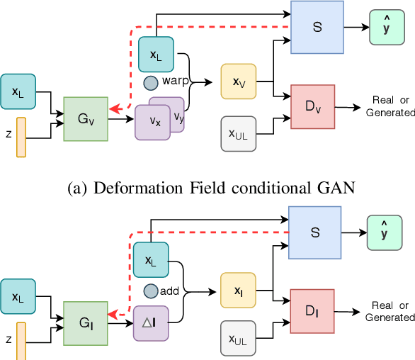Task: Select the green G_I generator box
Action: [85, 323]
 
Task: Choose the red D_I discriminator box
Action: [312, 310]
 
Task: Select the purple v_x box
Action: [154, 120]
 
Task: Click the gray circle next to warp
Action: [151, 83]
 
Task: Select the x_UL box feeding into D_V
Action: [239, 133]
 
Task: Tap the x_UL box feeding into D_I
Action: [239, 339]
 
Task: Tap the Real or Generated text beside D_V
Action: [390, 107]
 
